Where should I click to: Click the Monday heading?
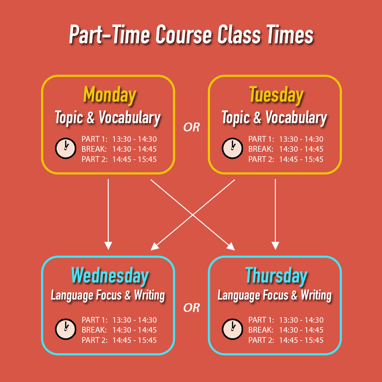109,95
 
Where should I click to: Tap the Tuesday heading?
276,95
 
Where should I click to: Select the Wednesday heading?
110,276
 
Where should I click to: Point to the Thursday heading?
276,276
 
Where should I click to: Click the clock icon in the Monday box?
65,149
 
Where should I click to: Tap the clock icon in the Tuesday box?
232,149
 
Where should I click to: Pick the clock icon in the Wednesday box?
65,329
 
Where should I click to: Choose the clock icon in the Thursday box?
232,329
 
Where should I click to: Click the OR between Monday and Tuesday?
191,127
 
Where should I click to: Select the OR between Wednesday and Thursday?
191,308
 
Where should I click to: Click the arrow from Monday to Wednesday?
108,214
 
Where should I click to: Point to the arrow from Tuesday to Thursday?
275,214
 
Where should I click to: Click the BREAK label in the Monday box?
94,149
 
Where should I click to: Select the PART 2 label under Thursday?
261,340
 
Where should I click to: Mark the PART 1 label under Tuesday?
261,139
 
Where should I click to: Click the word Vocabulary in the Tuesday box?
296,118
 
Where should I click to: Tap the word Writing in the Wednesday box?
149,295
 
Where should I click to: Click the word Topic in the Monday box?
69,118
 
